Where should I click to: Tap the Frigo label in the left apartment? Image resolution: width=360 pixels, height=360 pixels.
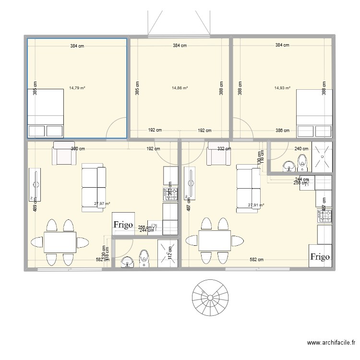coord(123,224)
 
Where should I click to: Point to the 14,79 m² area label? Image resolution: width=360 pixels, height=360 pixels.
coord(77,88)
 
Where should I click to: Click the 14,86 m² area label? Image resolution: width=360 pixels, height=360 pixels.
coord(180,88)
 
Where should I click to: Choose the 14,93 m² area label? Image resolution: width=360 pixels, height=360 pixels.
coord(282,88)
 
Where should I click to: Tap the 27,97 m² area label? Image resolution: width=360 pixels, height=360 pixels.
coord(102,204)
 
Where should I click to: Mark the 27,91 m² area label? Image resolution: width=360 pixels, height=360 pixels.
coord(256,205)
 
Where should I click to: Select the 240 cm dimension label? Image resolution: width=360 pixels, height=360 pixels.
coord(301,149)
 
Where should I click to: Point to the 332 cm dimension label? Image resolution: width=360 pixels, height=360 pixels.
coord(224,149)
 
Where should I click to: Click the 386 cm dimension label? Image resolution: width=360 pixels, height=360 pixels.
coord(282,130)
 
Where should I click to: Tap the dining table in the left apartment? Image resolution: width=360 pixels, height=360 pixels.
coord(60,242)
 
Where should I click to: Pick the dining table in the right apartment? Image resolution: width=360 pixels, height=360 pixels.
coord(215,242)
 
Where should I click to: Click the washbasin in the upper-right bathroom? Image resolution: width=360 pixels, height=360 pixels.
coord(289,166)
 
